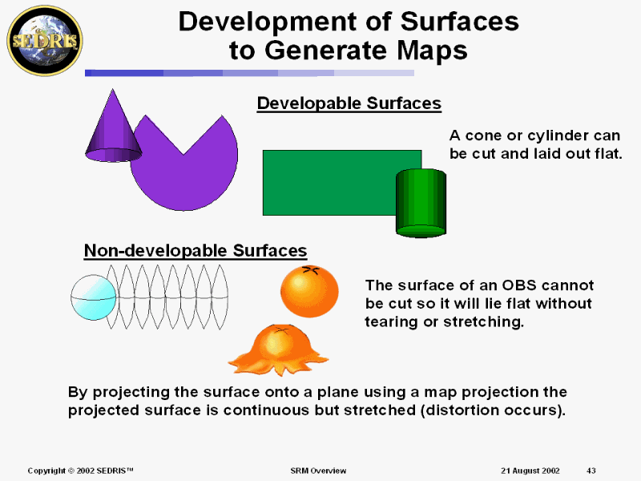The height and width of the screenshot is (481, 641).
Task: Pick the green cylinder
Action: click(x=421, y=203)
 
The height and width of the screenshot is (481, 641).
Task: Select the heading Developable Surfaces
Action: click(x=349, y=103)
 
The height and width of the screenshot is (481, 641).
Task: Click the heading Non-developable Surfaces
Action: click(x=196, y=251)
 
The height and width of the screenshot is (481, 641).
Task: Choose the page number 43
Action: click(x=591, y=470)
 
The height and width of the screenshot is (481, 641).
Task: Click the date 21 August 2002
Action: click(x=530, y=470)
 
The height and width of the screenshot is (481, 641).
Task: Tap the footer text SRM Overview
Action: click(x=318, y=470)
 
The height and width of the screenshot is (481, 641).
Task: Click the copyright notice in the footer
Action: click(x=80, y=470)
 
